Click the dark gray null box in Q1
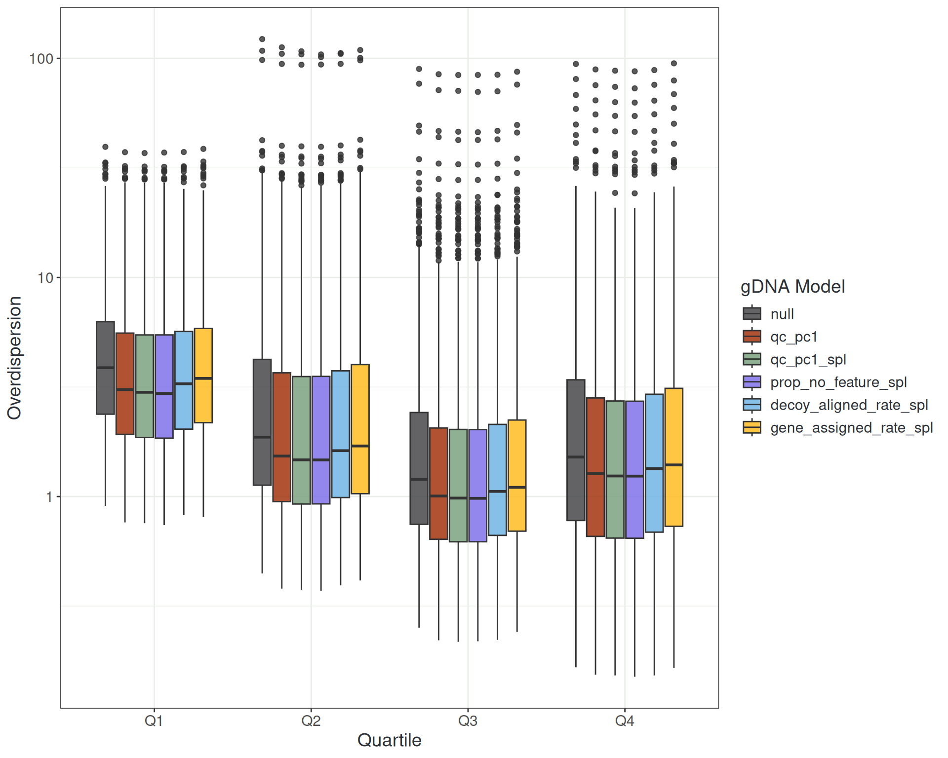[x=105, y=368]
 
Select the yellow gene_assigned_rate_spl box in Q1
[x=203, y=375]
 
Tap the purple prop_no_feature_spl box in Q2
[x=321, y=440]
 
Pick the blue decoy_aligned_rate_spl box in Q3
[x=497, y=479]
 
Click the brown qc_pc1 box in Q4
[x=595, y=467]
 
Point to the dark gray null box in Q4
[x=576, y=450]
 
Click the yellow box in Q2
[x=360, y=429]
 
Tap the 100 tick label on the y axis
[x=41, y=59]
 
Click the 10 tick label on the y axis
[x=45, y=278]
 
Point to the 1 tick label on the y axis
[x=49, y=497]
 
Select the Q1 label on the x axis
[x=154, y=721]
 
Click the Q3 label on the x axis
[x=468, y=721]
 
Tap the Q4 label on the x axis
[x=625, y=721]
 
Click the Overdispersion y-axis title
[x=14, y=358]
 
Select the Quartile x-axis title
[x=389, y=740]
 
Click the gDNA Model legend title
[x=792, y=287]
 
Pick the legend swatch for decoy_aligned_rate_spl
[x=752, y=405]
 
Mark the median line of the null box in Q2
[x=262, y=437]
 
